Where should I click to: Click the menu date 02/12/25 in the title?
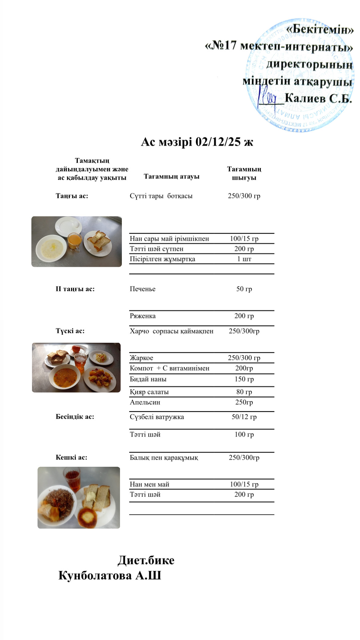(x=218, y=142)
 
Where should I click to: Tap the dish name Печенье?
(x=142, y=289)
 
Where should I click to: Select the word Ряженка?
(x=142, y=316)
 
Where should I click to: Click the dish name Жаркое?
(x=141, y=358)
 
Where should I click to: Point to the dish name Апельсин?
(x=145, y=402)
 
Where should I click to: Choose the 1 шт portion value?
(x=244, y=259)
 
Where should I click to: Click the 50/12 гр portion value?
(x=244, y=417)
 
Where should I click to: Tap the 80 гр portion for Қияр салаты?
(x=244, y=392)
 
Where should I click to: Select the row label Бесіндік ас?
(x=75, y=417)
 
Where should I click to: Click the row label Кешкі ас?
(x=71, y=457)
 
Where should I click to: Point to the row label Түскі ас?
(x=70, y=331)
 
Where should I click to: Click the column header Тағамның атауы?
(x=171, y=177)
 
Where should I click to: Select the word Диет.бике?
(x=146, y=560)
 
